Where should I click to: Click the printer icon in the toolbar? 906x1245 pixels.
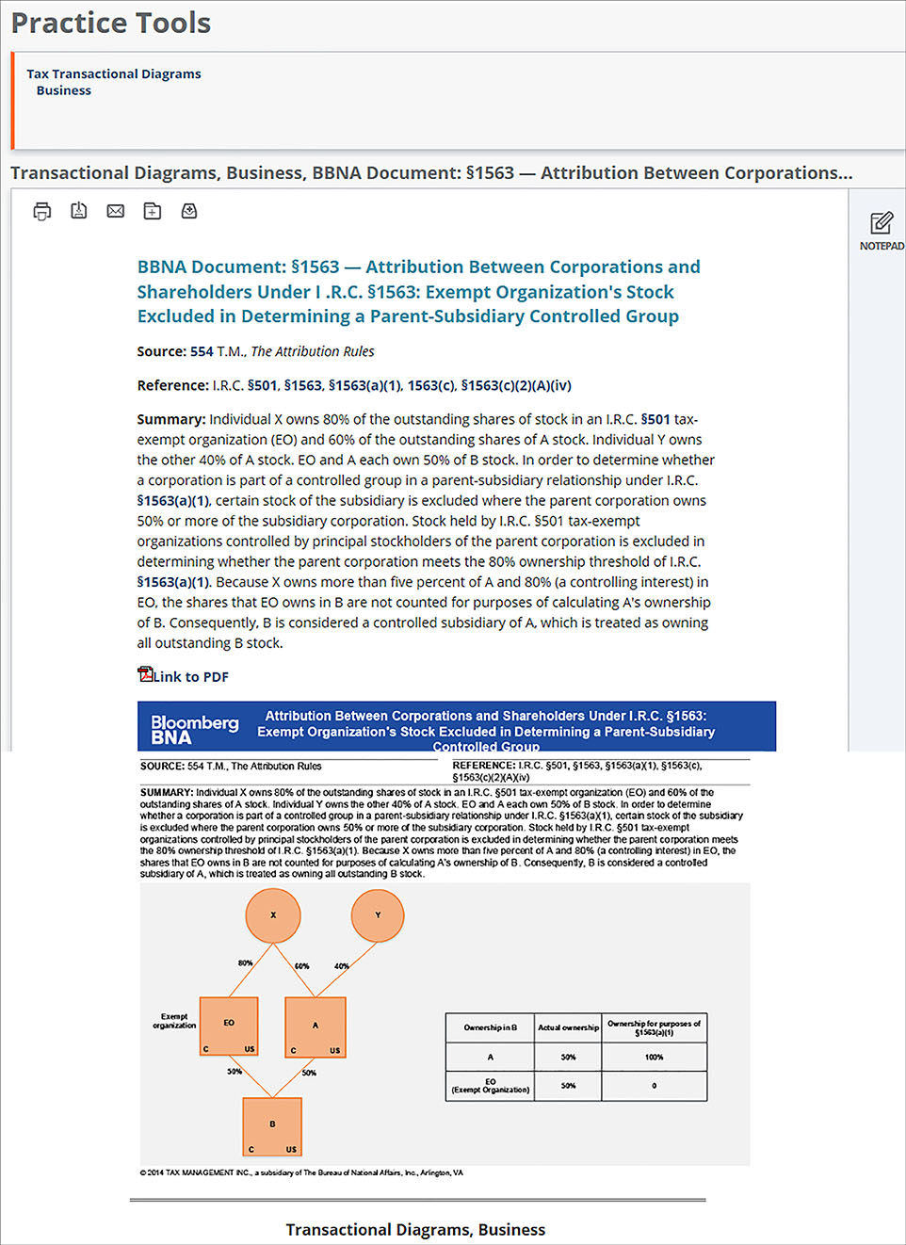[41, 211]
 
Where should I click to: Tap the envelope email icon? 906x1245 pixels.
[116, 211]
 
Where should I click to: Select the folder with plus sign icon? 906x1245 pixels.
[153, 211]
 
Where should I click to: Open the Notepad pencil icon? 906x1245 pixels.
[882, 223]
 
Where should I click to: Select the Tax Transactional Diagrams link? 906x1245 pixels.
[113, 73]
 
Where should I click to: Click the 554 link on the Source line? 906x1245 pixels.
[202, 351]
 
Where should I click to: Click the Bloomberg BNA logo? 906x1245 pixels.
[195, 729]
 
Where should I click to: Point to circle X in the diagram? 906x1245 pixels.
[273, 914]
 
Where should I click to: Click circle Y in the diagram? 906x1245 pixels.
[378, 914]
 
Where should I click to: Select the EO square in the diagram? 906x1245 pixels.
[229, 1027]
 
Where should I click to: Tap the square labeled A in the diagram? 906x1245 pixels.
[315, 1027]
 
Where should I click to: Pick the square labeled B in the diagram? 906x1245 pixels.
[272, 1125]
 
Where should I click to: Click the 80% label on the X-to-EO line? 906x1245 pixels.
[245, 962]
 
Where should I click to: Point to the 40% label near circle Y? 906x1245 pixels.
[341, 965]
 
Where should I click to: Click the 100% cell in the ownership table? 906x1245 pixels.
[654, 1057]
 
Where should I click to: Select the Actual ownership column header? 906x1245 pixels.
[568, 1027]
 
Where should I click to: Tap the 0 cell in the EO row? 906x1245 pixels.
[654, 1086]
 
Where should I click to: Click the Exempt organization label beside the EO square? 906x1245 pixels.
[174, 1021]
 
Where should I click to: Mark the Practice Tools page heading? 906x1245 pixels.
[111, 23]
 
